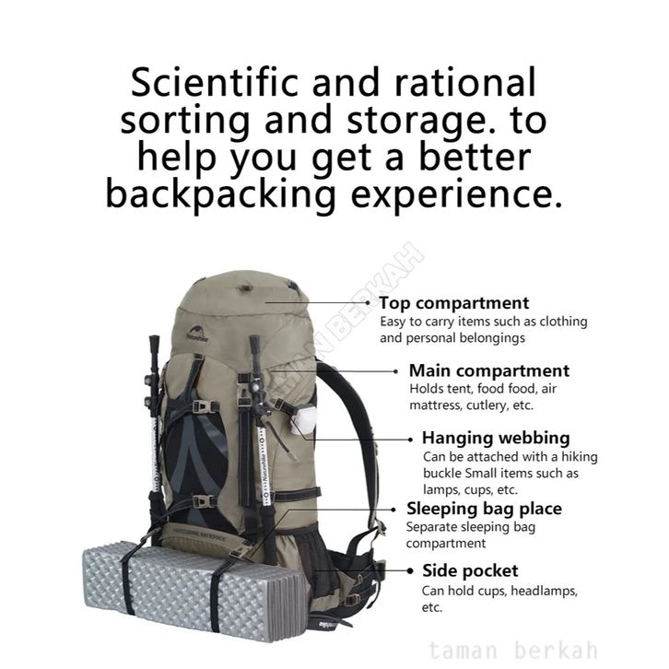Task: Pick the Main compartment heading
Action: click(489, 371)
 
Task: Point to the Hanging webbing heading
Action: click(496, 438)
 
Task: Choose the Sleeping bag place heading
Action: click(484, 509)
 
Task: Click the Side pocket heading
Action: click(470, 571)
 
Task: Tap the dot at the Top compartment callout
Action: click(369, 302)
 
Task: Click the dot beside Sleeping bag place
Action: click(396, 508)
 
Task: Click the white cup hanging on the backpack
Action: click(303, 420)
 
